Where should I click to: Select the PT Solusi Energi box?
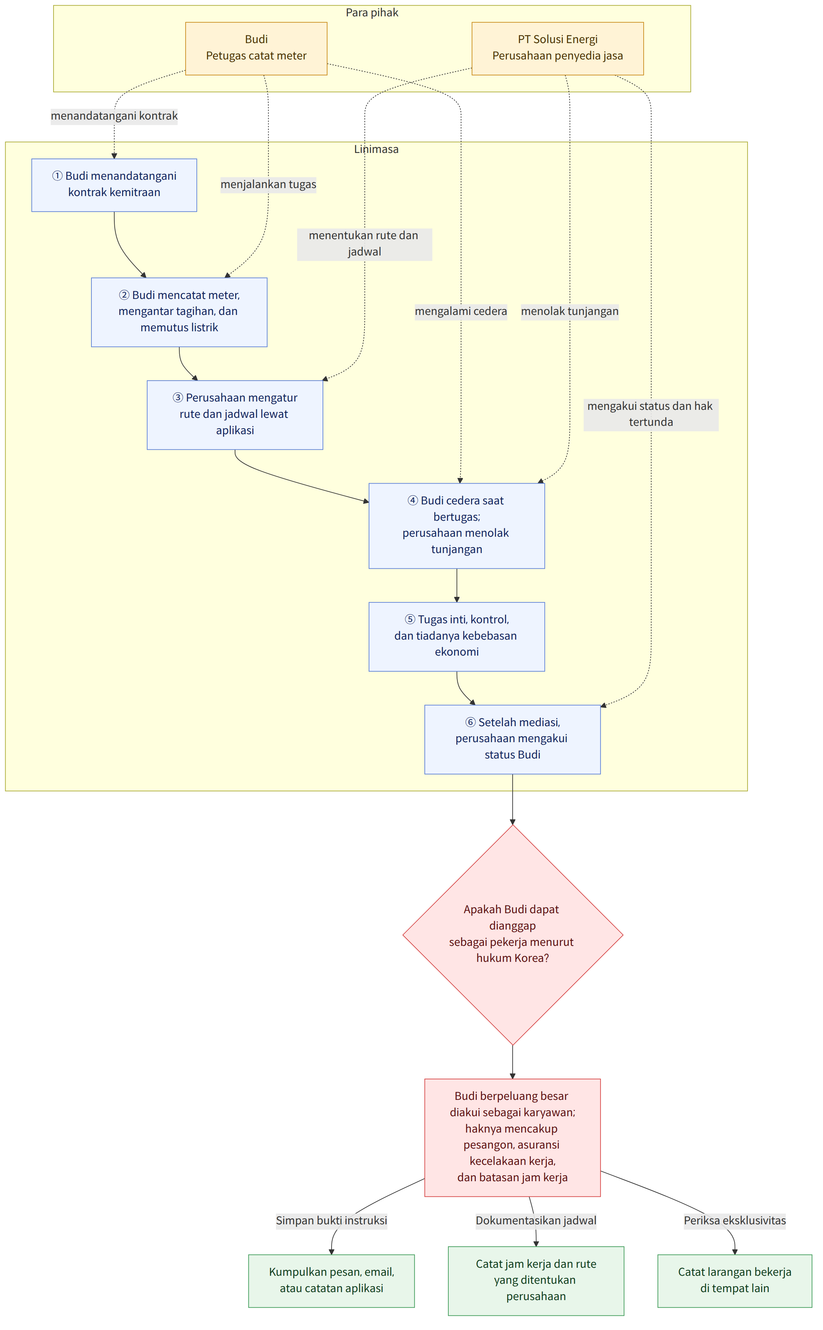pos(557,48)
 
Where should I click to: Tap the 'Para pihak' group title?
pos(372,13)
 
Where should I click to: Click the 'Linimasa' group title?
pos(376,149)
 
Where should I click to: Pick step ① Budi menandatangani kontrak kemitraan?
pos(114,185)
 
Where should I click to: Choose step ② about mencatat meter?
pos(179,312)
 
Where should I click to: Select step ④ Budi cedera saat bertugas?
pos(457,526)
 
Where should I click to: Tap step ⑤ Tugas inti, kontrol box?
pos(457,636)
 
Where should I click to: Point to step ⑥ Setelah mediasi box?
pos(512,739)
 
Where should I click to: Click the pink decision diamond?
pos(513,935)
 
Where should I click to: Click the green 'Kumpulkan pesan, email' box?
pos(332,1281)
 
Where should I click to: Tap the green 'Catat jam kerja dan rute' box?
pos(536,1281)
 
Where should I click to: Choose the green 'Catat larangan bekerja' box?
pos(735,1281)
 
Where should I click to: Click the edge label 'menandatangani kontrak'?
pos(114,116)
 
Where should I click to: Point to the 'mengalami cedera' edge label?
pos(461,311)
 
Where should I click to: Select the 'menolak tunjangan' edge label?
pos(570,311)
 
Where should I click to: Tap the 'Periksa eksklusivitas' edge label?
pos(735,1220)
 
